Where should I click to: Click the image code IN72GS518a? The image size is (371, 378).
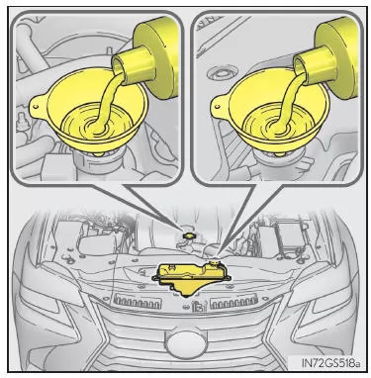330,363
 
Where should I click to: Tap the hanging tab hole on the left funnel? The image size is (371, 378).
35,106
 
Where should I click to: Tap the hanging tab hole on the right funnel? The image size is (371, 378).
217,106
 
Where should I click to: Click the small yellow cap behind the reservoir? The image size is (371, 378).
189,236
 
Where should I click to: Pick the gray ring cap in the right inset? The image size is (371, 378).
219,74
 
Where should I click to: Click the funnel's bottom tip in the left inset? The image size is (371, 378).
98,153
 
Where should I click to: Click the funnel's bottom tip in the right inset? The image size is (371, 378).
280,153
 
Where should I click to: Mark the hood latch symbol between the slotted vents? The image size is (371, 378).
199,307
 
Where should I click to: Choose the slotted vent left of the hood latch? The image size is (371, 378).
137,301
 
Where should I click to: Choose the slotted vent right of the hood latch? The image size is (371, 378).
233,302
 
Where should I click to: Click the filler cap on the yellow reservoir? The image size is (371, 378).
215,263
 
